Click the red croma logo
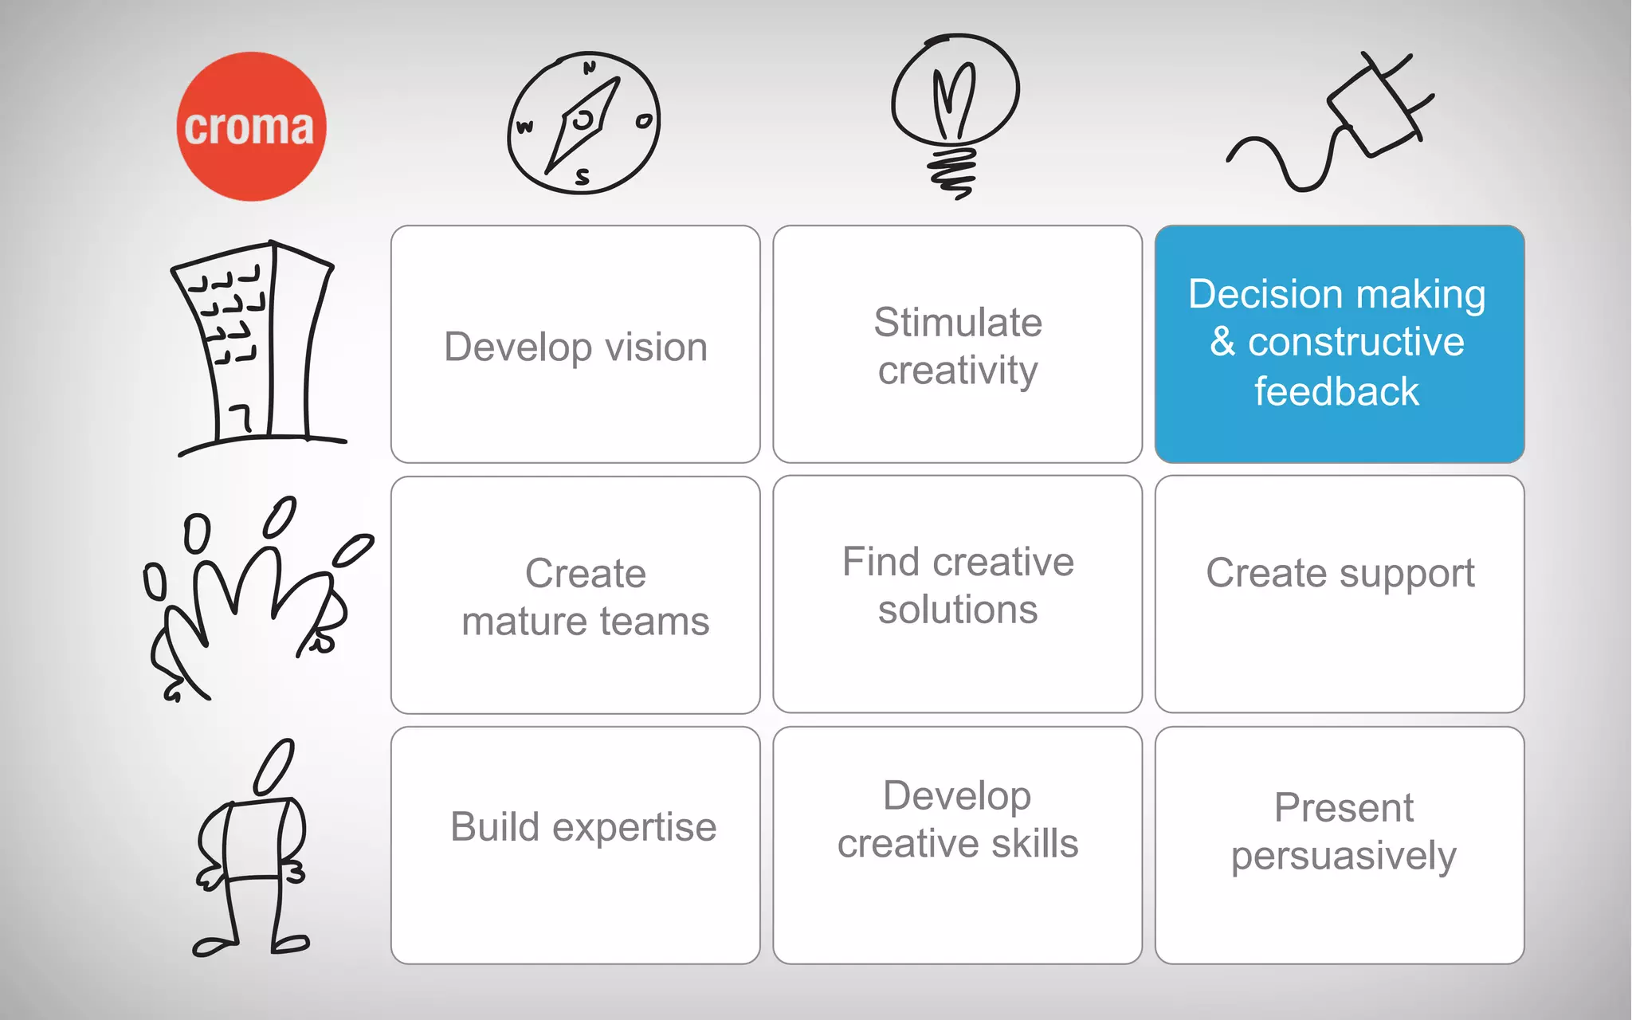pyautogui.click(x=251, y=126)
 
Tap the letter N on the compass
pyautogui.click(x=590, y=68)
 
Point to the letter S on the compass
pyautogui.click(x=583, y=177)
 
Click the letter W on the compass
pyautogui.click(x=524, y=127)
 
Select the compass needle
pyautogui.click(x=583, y=124)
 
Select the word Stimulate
pyautogui.click(x=958, y=323)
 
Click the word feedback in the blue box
pyautogui.click(x=1336, y=392)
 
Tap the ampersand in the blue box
pyautogui.click(x=1222, y=342)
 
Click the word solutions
pyautogui.click(x=958, y=610)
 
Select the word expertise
pyautogui.click(x=634, y=828)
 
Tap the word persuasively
pyautogui.click(x=1344, y=857)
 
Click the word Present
pyautogui.click(x=1344, y=808)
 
